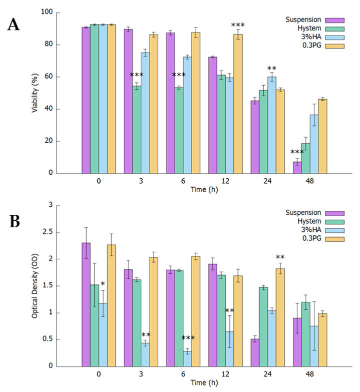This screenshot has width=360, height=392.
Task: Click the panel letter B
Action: click(x=15, y=221)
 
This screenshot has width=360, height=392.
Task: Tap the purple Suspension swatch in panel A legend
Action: click(x=332, y=20)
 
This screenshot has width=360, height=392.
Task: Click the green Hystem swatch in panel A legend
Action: click(x=332, y=29)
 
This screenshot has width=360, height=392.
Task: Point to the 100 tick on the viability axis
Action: click(x=51, y=13)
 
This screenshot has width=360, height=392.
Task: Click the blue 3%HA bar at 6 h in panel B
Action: click(x=187, y=358)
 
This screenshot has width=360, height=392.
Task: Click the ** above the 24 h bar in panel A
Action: click(x=272, y=69)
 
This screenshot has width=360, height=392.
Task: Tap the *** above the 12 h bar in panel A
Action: click(x=238, y=25)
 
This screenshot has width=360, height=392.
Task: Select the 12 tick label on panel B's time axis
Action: click(x=225, y=375)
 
